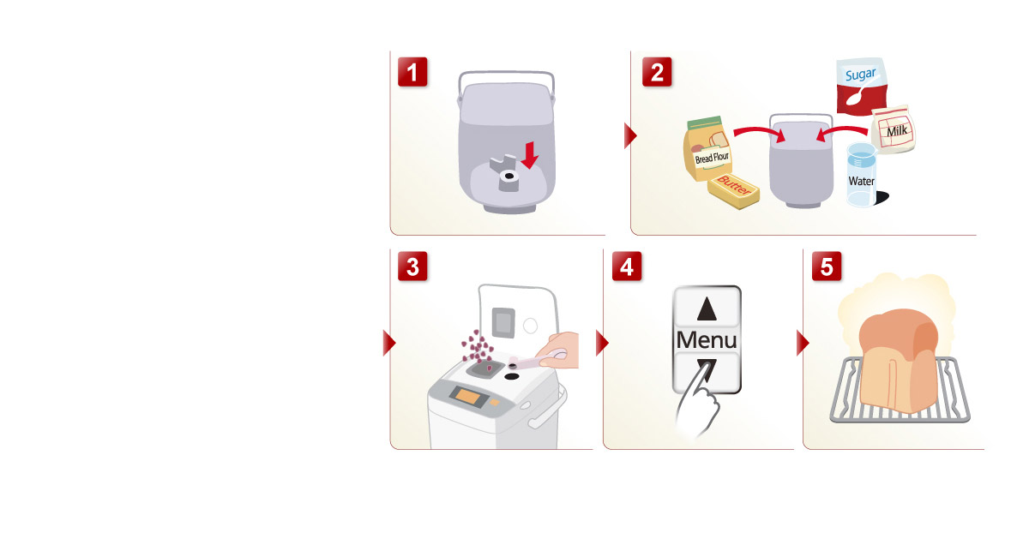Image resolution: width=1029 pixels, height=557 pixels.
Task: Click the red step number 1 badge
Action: [x=413, y=72]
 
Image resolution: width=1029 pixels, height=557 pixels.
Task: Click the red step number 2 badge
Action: [x=657, y=72]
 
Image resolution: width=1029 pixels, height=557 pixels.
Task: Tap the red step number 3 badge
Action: [x=413, y=267]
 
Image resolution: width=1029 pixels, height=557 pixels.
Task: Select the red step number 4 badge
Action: [x=627, y=267]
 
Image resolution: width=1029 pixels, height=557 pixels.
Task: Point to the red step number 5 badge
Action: [x=827, y=267]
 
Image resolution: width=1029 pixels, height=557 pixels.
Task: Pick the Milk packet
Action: [x=894, y=131]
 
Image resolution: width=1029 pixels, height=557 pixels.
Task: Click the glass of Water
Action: [x=861, y=175]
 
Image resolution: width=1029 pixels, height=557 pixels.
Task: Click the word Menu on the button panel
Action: [x=706, y=339]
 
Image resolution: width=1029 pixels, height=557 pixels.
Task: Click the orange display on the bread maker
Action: [x=469, y=398]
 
